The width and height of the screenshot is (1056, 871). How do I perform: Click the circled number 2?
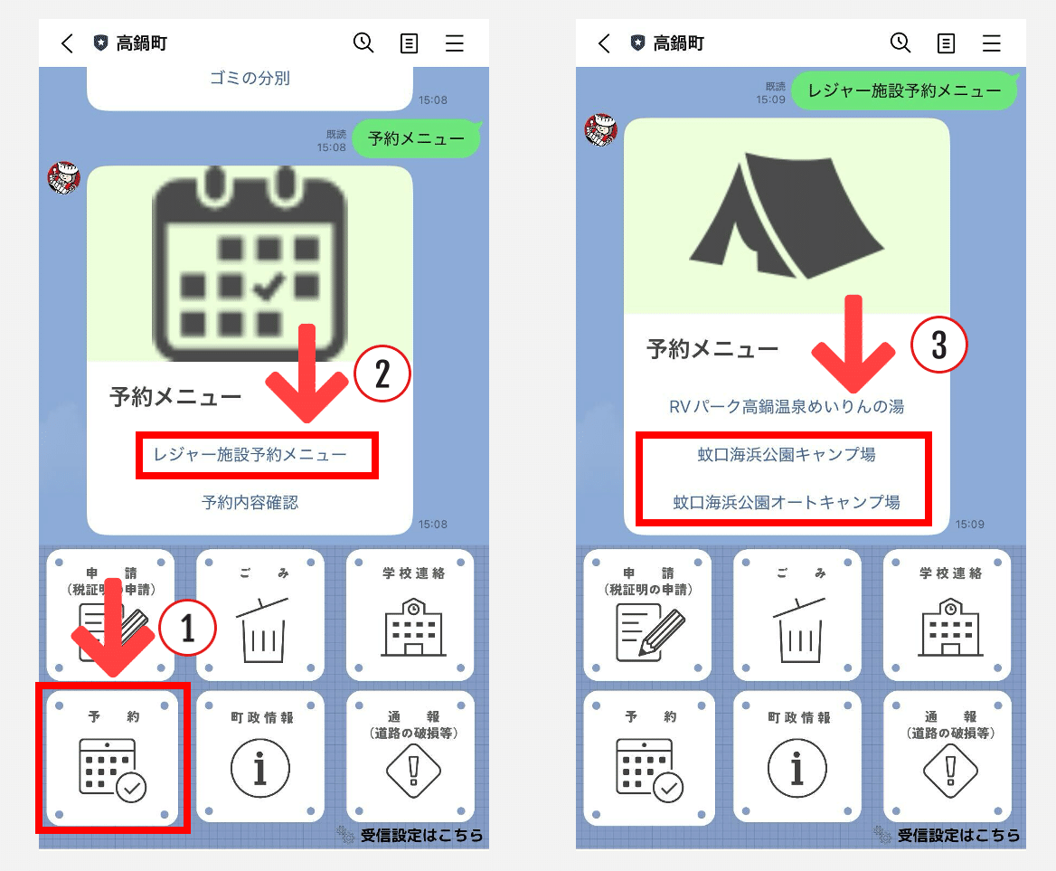[x=382, y=375]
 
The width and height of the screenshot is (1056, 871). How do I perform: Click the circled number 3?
[x=938, y=345]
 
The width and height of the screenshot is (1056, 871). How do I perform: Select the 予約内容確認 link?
[x=250, y=502]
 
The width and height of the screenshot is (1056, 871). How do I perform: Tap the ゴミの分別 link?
[x=250, y=79]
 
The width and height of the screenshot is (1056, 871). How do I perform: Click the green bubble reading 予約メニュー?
[x=416, y=139]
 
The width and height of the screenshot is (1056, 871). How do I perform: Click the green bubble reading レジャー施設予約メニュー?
[x=904, y=90]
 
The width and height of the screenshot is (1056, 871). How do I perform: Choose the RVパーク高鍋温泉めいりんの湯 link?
[x=787, y=407]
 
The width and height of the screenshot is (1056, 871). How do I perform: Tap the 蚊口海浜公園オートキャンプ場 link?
[x=787, y=502]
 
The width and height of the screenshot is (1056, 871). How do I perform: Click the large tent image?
[x=787, y=217]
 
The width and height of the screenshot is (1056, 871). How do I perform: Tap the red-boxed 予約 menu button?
[x=112, y=757]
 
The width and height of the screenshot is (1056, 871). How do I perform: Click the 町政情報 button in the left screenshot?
[x=260, y=757]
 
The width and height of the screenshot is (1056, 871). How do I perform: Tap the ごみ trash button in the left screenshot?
[x=260, y=614]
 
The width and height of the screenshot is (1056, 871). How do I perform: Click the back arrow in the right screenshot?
[x=604, y=43]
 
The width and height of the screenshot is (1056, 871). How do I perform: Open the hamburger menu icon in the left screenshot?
[x=454, y=43]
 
